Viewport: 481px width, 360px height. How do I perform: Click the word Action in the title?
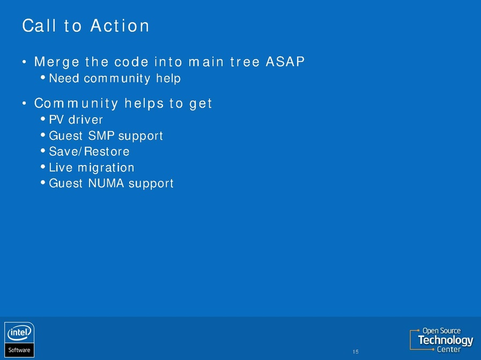point(120,25)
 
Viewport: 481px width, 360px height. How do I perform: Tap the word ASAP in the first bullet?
point(285,61)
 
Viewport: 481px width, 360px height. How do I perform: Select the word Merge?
point(57,62)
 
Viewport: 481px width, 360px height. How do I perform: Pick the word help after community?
point(168,78)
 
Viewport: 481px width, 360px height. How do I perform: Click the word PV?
point(56,119)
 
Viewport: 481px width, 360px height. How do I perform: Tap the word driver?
point(86,119)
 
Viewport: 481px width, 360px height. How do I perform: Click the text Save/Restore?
point(89,152)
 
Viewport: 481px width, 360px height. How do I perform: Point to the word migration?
point(106,168)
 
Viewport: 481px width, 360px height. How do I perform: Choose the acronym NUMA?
point(106,183)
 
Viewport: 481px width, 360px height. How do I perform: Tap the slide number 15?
point(356,352)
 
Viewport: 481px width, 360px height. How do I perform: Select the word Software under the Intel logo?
point(19,350)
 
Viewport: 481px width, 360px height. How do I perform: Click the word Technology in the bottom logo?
point(446,340)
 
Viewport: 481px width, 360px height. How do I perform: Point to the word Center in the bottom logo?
point(449,349)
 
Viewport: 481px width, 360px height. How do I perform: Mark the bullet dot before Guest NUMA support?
point(43,183)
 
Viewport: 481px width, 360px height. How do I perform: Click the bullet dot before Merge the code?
point(24,62)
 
